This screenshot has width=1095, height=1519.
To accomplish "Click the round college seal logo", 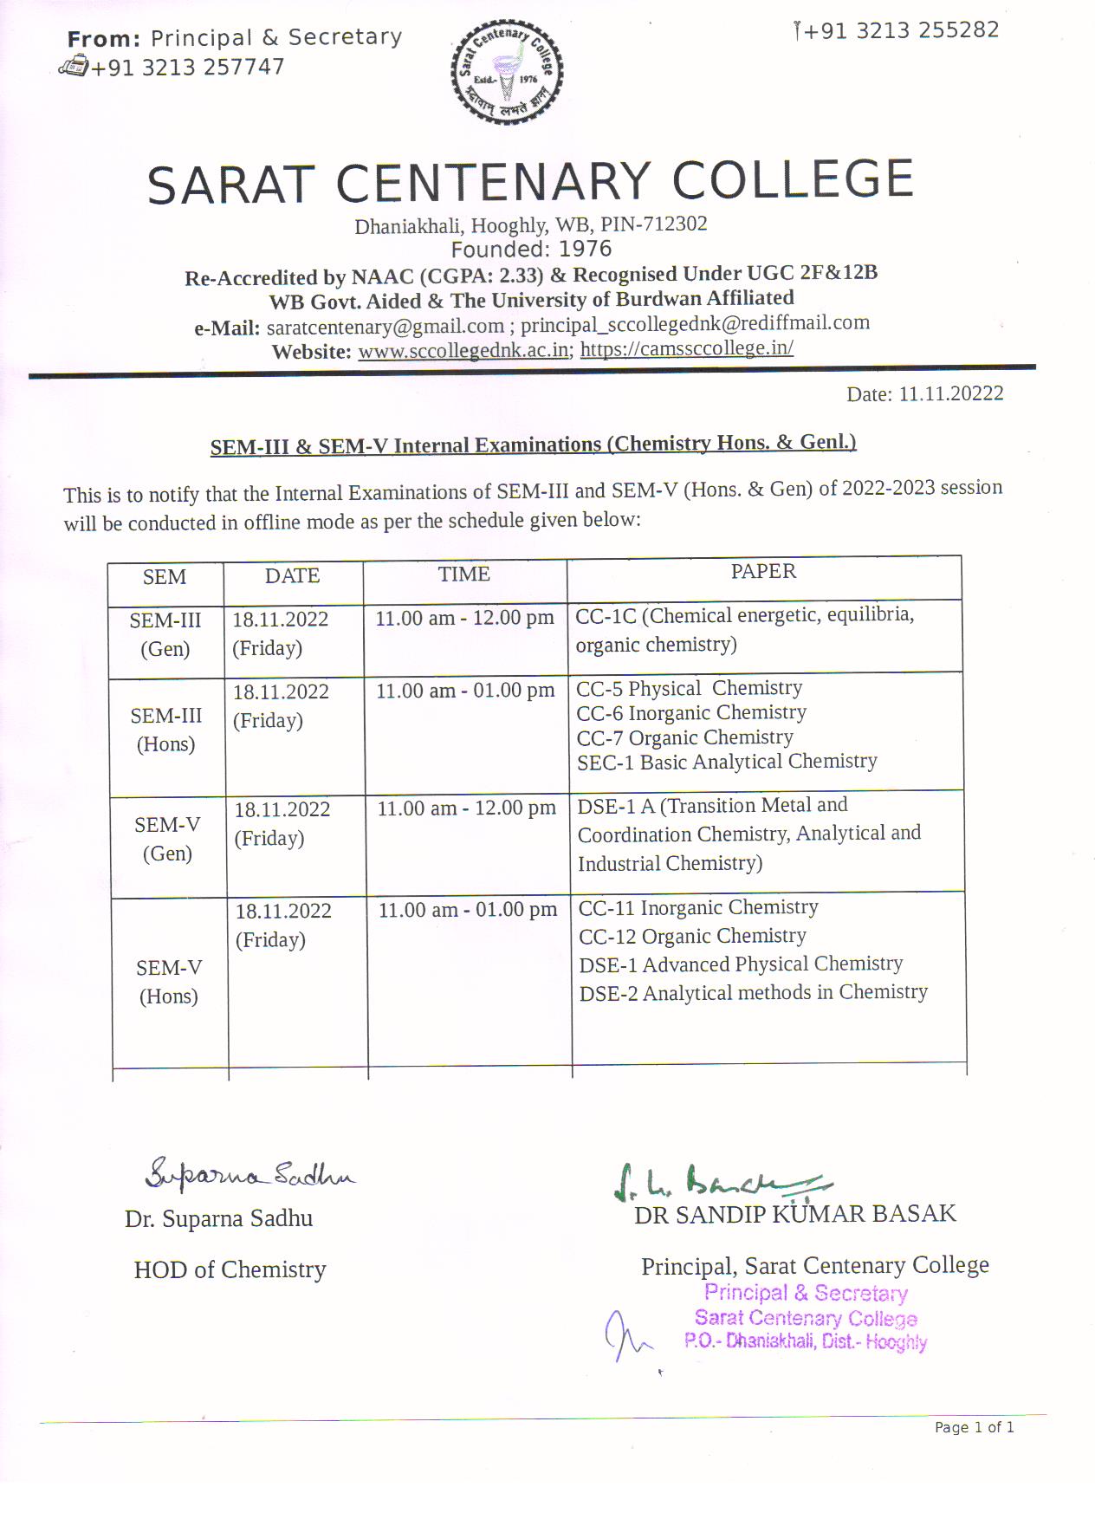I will (507, 73).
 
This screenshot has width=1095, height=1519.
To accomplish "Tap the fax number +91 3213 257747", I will (187, 68).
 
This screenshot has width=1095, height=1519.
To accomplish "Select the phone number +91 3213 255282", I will (901, 31).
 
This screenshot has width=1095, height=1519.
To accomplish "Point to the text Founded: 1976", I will (531, 250).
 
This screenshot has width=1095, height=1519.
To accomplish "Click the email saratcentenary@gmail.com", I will (386, 327).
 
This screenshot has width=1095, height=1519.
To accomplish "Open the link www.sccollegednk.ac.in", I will (463, 350).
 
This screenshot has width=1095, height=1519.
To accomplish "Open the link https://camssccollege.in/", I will (686, 348).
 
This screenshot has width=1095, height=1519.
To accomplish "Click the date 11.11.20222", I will (950, 393).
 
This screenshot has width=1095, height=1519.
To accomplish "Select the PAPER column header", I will (763, 571).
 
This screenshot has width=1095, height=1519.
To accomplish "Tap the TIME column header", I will (463, 574).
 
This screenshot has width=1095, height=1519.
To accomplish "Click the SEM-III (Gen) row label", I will (165, 634).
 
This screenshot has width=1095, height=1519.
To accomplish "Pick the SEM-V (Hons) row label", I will (169, 982).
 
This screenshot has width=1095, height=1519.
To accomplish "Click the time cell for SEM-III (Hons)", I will (465, 691).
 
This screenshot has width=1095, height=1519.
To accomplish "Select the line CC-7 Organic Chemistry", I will (684, 737).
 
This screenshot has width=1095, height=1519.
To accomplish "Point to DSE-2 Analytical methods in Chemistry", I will (753, 992).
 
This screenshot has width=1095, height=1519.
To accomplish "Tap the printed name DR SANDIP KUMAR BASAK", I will (794, 1214).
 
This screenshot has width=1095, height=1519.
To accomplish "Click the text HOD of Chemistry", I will (230, 1269).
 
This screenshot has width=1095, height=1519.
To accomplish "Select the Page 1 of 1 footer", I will (974, 1427).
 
